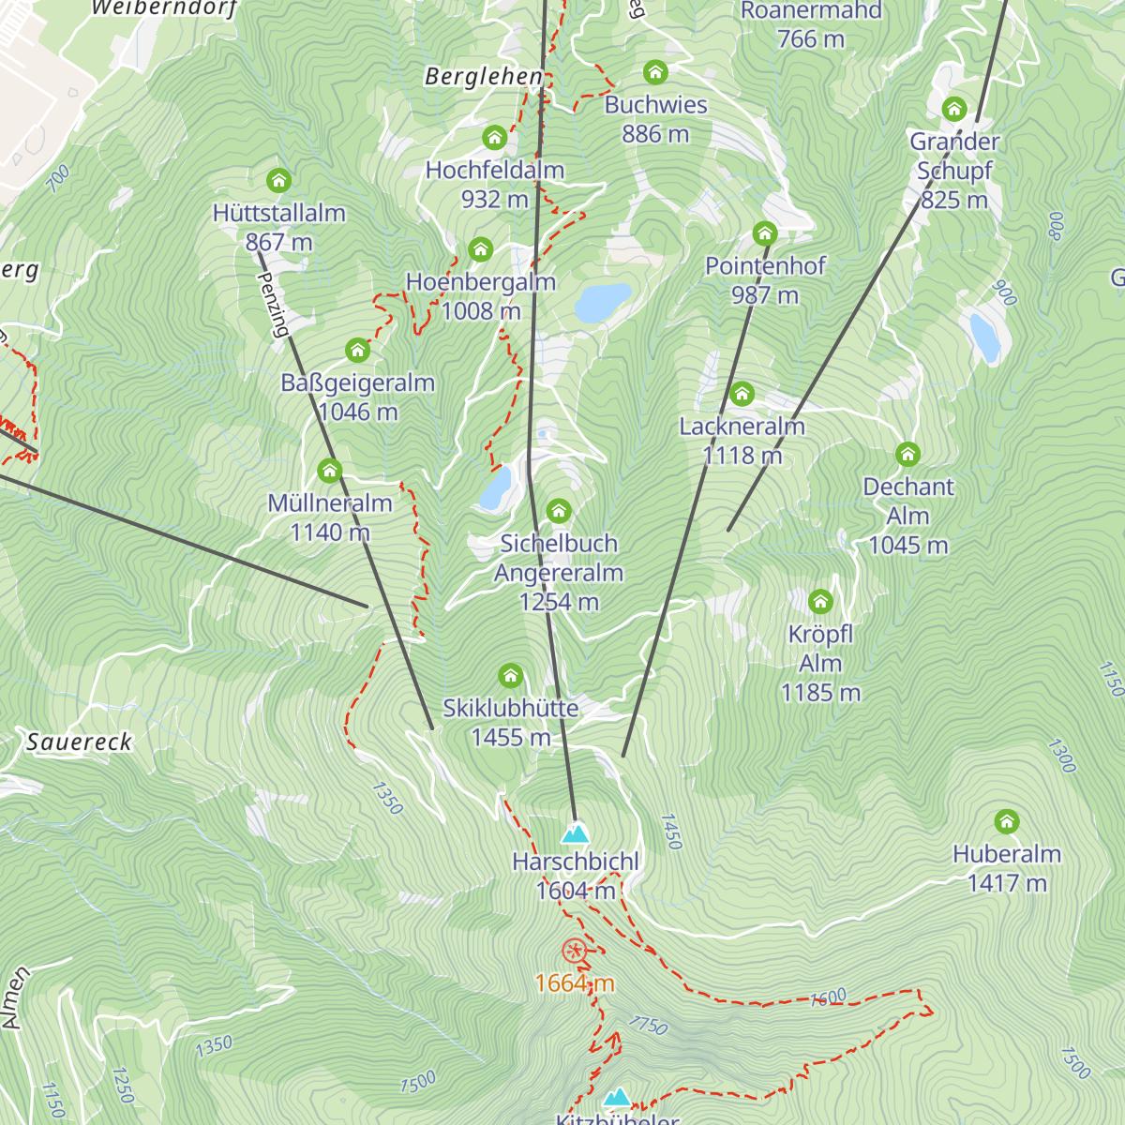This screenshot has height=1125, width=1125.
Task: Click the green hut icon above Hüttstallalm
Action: (x=278, y=180)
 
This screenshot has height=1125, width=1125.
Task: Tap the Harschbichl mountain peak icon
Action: (x=575, y=832)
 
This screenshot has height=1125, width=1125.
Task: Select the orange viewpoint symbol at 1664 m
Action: (x=574, y=952)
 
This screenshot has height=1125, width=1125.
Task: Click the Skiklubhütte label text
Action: (x=510, y=708)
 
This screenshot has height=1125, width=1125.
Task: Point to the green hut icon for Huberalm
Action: (x=1007, y=822)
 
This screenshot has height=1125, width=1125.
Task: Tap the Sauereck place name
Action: (x=80, y=742)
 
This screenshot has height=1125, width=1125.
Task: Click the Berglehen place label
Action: (x=484, y=77)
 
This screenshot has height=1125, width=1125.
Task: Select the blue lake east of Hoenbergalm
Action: (x=602, y=303)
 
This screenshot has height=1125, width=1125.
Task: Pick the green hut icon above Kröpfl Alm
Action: (x=820, y=602)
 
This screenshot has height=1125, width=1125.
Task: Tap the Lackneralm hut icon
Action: (x=742, y=394)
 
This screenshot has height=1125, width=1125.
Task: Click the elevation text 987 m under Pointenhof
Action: (x=765, y=295)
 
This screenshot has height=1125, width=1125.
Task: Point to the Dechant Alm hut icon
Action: (x=907, y=455)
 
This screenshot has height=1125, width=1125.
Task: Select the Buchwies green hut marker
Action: (x=655, y=72)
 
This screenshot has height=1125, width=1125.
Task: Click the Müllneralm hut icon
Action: (x=329, y=471)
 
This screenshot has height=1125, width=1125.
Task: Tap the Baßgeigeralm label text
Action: (x=357, y=382)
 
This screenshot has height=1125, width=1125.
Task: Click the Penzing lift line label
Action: (x=273, y=305)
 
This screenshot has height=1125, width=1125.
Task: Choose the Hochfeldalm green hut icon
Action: (x=494, y=139)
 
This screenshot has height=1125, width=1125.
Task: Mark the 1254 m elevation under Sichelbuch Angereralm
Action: (x=559, y=602)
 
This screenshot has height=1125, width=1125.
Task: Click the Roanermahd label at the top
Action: (x=811, y=11)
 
